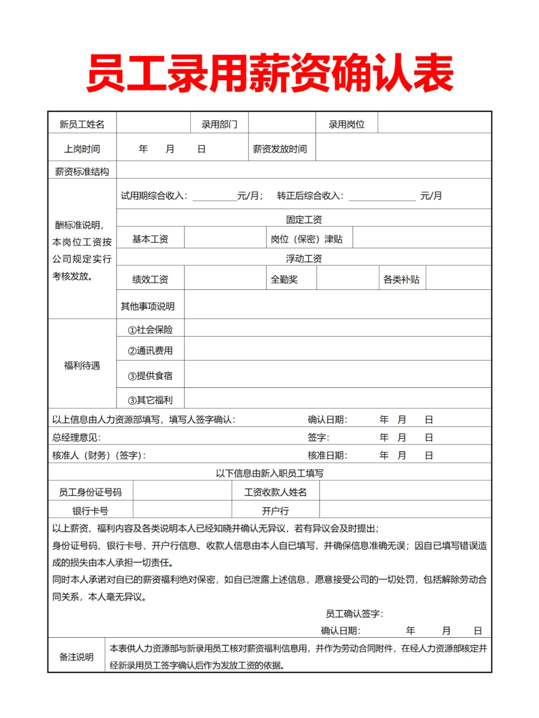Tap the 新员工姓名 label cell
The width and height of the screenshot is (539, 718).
82,124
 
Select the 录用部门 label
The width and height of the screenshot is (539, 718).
219,124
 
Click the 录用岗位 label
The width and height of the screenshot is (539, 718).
346,124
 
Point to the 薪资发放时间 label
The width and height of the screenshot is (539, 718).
280,149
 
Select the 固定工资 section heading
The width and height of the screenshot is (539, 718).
303,219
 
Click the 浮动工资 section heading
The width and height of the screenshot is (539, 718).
303,258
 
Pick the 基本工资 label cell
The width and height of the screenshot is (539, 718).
150,239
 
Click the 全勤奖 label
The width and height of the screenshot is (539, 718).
284,280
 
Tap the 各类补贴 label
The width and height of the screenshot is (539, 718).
401,280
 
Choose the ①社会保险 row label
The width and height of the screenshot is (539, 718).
150,330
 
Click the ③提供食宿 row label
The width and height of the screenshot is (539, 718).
150,376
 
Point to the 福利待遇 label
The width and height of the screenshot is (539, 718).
82,365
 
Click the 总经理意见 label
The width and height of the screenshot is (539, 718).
76,438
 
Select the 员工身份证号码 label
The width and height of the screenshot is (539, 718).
90,492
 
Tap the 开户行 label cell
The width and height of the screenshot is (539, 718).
275,511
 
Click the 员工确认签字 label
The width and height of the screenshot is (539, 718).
354,614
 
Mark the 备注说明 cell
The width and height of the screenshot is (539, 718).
76,657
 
